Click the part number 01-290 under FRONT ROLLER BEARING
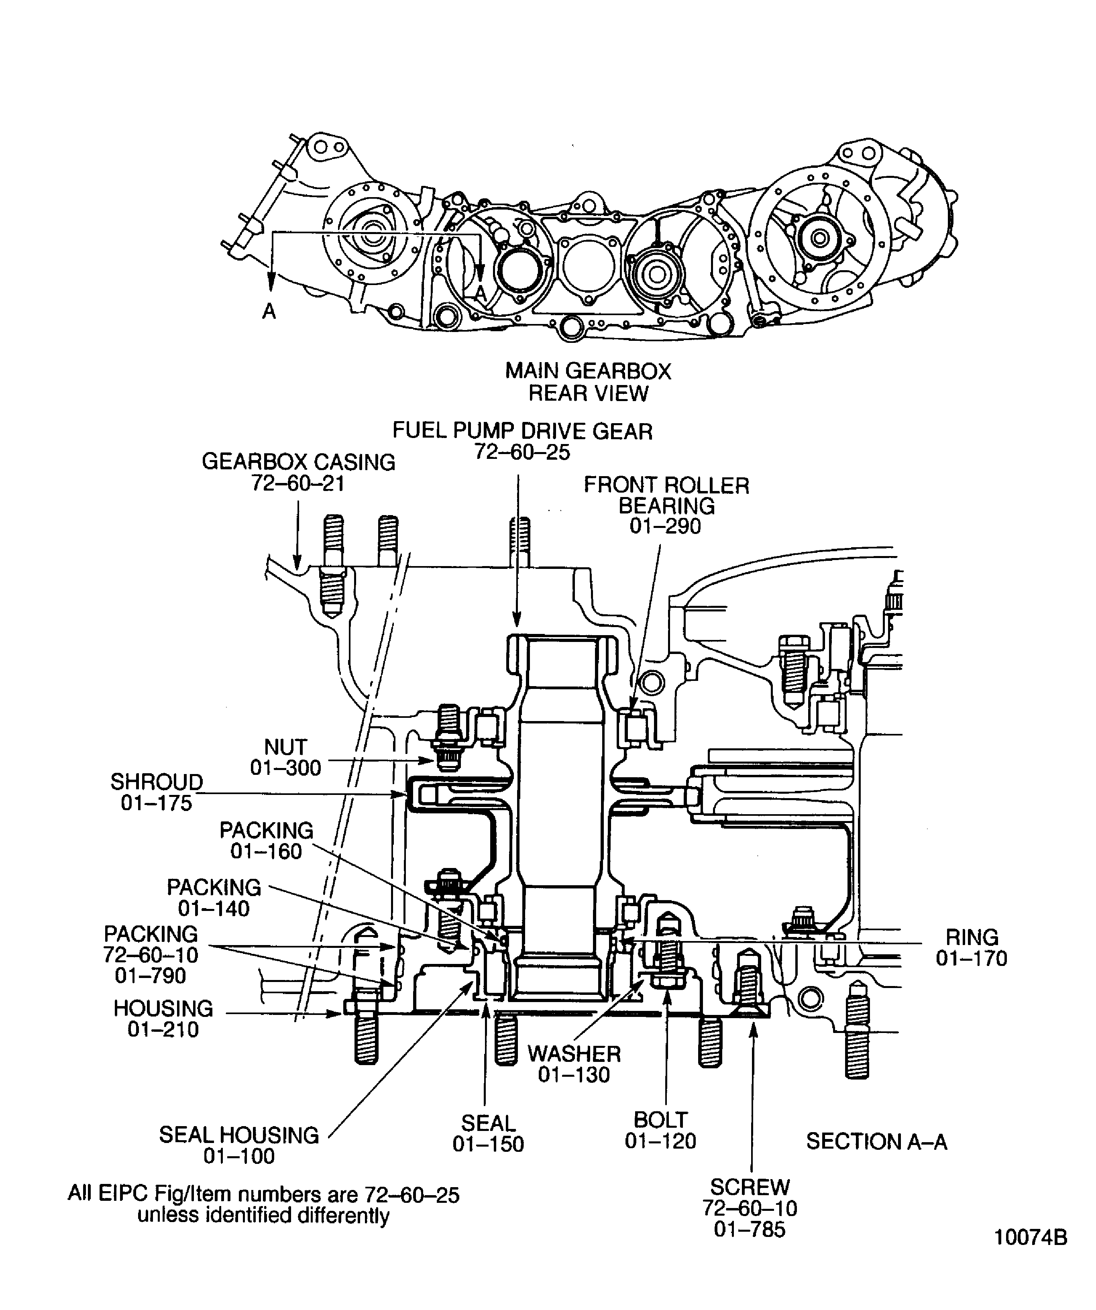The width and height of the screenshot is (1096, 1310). pyautogui.click(x=665, y=526)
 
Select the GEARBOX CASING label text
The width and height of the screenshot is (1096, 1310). pyautogui.click(x=298, y=462)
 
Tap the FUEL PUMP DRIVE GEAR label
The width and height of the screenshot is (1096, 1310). pyautogui.click(x=522, y=431)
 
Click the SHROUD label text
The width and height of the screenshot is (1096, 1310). pyautogui.click(x=157, y=782)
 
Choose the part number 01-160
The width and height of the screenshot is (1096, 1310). pyautogui.click(x=266, y=852)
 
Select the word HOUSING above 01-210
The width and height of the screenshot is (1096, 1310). pyautogui.click(x=163, y=1009)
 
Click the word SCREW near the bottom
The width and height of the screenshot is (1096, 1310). pyautogui.click(x=750, y=1186)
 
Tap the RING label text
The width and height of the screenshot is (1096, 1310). pyautogui.click(x=972, y=937)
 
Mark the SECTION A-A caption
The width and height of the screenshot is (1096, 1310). pyautogui.click(x=876, y=1141)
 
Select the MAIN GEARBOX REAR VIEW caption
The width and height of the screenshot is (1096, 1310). pyautogui.click(x=588, y=382)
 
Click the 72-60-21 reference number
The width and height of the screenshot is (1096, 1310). pyautogui.click(x=298, y=483)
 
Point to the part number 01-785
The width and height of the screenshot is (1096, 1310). pyautogui.click(x=750, y=1230)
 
